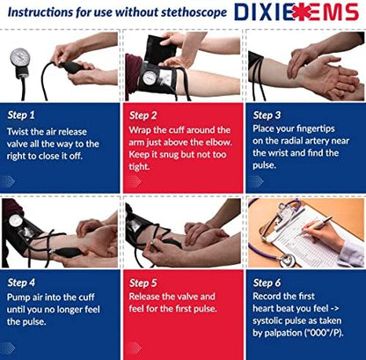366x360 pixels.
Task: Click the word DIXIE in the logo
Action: (263, 14)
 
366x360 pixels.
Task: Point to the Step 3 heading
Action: (269, 114)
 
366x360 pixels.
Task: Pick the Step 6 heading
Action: (269, 283)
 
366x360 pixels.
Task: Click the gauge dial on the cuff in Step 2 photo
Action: (151, 78)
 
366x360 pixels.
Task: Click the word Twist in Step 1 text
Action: (20, 129)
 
